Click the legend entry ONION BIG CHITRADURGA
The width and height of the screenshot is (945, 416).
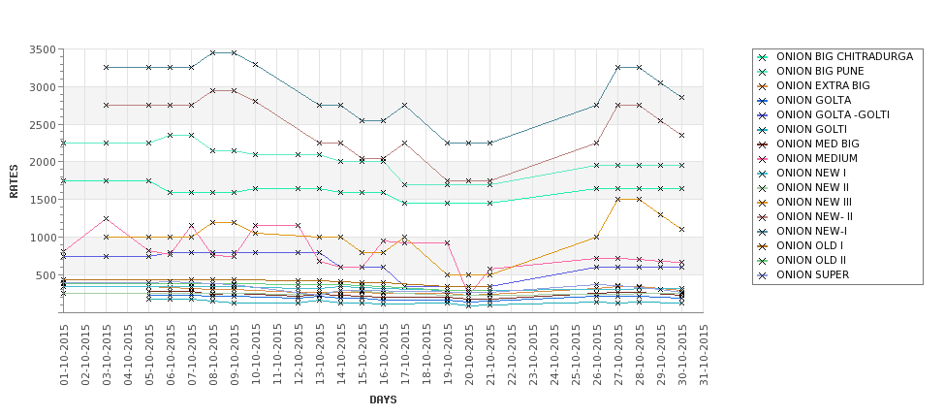[x=844, y=56]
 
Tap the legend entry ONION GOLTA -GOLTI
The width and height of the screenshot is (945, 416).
[x=833, y=114]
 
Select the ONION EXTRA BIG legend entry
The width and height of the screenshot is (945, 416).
[x=824, y=85]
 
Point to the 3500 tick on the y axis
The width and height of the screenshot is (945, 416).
[x=41, y=49]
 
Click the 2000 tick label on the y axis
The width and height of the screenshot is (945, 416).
[x=41, y=162]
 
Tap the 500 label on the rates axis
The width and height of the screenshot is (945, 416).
[x=44, y=275]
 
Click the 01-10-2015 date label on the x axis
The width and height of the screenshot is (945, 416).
[x=64, y=355]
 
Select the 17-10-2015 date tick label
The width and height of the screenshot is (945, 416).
[x=405, y=355]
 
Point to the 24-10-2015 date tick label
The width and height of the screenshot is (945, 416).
[x=554, y=355]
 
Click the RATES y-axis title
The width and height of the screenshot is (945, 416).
[x=14, y=180]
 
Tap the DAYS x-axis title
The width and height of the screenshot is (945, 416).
[x=383, y=400]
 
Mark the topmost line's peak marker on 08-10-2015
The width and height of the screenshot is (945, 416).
[x=213, y=52]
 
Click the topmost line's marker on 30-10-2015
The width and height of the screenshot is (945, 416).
[x=682, y=98]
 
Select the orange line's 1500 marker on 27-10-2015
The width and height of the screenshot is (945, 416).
[x=618, y=199]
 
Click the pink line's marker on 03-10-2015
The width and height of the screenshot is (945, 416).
[x=107, y=218]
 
